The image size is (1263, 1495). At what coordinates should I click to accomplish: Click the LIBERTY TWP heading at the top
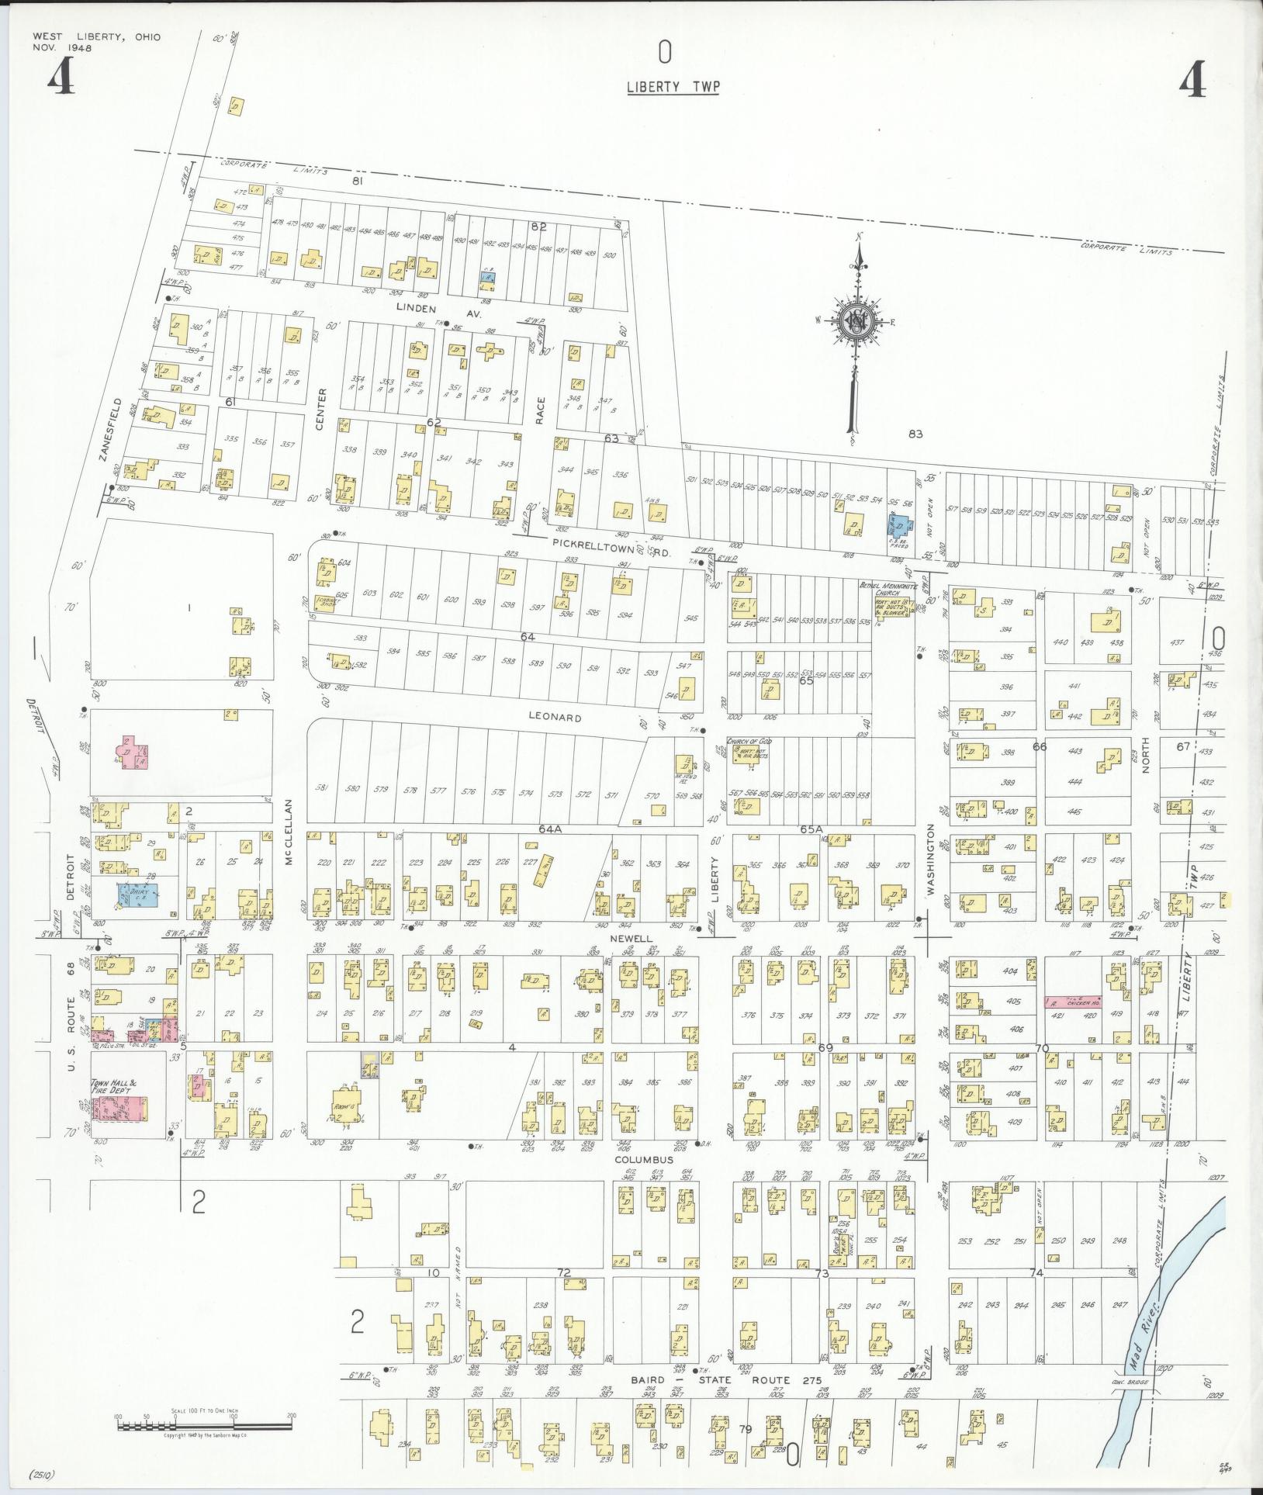(x=673, y=87)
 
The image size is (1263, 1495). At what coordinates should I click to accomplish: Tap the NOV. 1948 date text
(x=63, y=48)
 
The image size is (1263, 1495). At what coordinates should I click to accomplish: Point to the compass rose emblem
(x=857, y=321)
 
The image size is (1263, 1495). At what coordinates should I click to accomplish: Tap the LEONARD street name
(x=555, y=718)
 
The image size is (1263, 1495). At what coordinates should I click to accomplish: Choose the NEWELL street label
(x=632, y=937)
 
